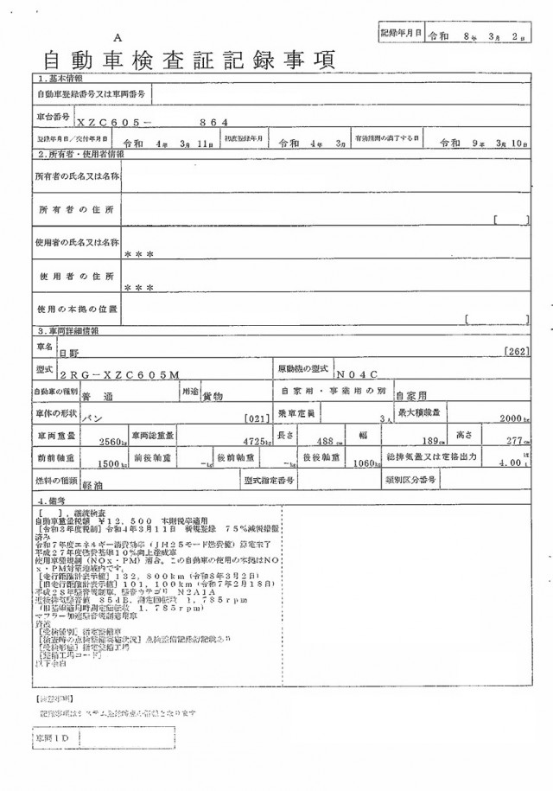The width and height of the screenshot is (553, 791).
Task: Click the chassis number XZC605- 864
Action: pyautogui.click(x=152, y=123)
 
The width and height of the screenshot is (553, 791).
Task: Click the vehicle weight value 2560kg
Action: pyautogui.click(x=113, y=441)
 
